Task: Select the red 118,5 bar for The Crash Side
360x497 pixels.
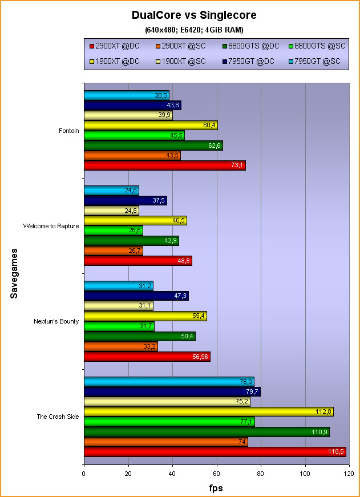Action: pyautogui.click(x=215, y=451)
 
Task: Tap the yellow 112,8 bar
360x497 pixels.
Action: pyautogui.click(x=208, y=412)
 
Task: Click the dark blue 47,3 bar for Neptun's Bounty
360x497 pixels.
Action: pyautogui.click(x=136, y=296)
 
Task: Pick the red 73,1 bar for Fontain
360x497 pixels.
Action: pyautogui.click(x=164, y=165)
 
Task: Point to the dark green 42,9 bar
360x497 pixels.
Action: pyautogui.click(x=131, y=241)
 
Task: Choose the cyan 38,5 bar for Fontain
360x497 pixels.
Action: pyautogui.click(x=126, y=95)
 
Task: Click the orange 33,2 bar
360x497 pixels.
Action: pyautogui.click(x=120, y=346)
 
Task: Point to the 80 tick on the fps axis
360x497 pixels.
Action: pyautogui.click(x=261, y=474)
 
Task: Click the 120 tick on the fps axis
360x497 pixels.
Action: pyautogui.click(x=349, y=474)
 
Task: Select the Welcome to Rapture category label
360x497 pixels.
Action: pyautogui.click(x=51, y=226)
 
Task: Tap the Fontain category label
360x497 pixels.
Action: pyautogui.click(x=68, y=131)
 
